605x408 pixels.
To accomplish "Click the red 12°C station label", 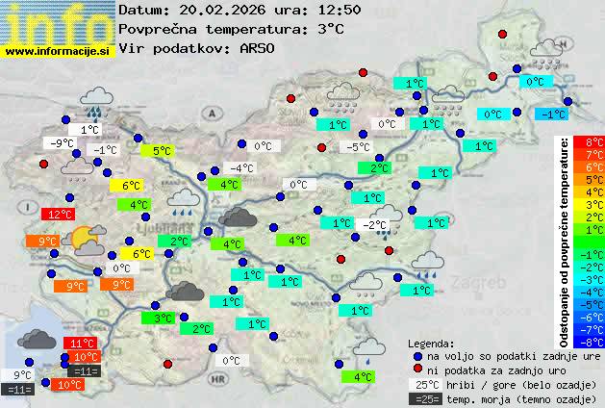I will pyautogui.click(x=60, y=214).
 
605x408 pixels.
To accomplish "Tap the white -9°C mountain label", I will pyautogui.click(x=62, y=143).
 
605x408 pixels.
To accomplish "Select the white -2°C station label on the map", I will pyautogui.click(x=374, y=225).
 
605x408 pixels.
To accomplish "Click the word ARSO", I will pyautogui.click(x=260, y=48).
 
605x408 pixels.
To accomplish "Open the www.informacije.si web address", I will pyautogui.click(x=58, y=50).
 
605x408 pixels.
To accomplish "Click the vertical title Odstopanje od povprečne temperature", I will pyautogui.click(x=565, y=241).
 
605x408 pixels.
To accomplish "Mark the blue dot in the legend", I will pyautogui.click(x=417, y=355).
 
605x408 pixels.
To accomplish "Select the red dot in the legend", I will pyautogui.click(x=417, y=370).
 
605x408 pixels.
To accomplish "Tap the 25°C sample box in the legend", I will pyautogui.click(x=426, y=384).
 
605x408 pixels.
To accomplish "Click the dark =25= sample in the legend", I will pyautogui.click(x=426, y=398).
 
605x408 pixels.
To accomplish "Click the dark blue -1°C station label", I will pyautogui.click(x=551, y=115).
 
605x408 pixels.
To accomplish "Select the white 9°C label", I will pyautogui.click(x=22, y=374).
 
